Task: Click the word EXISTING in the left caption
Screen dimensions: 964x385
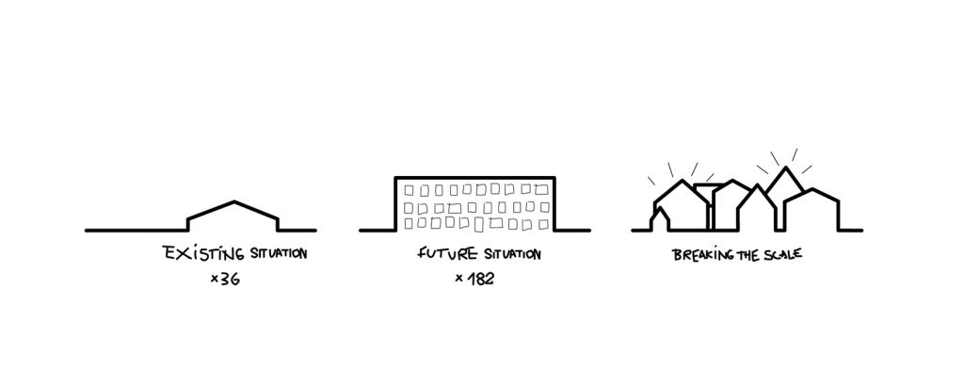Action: point(203,253)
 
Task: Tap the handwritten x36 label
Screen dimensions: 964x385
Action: point(225,280)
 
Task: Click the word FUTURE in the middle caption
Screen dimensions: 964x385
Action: point(447,253)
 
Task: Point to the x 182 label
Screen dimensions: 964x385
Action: point(474,279)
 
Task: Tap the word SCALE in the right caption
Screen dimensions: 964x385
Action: point(783,253)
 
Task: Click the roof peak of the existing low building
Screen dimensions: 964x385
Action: point(234,201)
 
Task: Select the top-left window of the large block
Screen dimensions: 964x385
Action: point(409,191)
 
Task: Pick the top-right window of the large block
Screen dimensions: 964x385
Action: point(541,190)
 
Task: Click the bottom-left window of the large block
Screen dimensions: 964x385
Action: point(409,224)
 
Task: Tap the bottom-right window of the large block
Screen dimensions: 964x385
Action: point(543,224)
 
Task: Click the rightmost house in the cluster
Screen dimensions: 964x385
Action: point(811,210)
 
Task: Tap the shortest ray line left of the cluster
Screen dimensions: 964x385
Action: point(651,181)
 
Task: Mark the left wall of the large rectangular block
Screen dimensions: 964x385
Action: point(395,204)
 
